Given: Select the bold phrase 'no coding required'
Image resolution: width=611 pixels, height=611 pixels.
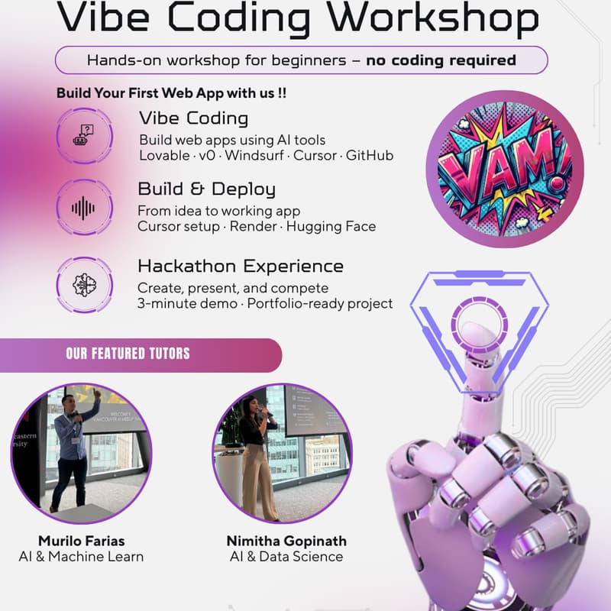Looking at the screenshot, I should (441, 60).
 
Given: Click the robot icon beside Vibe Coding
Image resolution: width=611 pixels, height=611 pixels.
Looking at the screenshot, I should (83, 137).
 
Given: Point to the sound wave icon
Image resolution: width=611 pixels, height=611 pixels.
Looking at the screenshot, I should (83, 208).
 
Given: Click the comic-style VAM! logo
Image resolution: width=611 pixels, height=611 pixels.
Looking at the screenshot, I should (504, 169).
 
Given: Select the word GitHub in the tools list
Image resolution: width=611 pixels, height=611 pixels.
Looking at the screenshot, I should (370, 156).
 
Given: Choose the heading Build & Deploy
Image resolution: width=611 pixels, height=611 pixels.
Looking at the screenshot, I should (206, 189).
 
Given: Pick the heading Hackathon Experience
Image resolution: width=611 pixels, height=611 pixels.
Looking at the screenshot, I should (240, 267).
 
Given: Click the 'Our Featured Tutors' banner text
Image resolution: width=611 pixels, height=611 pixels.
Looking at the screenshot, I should (128, 354).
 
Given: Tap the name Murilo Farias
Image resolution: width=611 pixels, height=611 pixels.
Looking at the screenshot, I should (81, 541).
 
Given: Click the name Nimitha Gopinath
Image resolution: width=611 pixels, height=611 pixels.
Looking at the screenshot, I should (286, 541).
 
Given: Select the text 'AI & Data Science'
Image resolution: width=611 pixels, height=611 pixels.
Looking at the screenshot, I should (286, 557).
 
